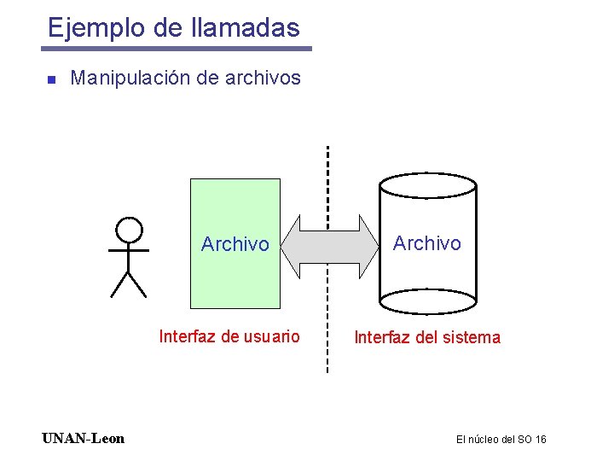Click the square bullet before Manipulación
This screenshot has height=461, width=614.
point(51,79)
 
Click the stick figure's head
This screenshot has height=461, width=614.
point(129,230)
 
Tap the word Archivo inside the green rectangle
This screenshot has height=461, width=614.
point(235,244)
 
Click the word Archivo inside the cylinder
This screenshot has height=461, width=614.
point(426,243)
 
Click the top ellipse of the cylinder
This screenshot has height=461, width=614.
point(427,185)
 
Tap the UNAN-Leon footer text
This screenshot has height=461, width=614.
point(83,439)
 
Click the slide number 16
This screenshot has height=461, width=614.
point(540,440)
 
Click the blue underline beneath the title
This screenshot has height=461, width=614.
point(178,49)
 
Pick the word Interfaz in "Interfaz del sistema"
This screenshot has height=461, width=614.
point(380,337)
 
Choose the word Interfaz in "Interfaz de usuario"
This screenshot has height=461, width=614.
point(187,336)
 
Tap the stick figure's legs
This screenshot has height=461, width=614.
point(128,284)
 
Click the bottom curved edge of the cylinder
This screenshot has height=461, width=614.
point(427,312)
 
